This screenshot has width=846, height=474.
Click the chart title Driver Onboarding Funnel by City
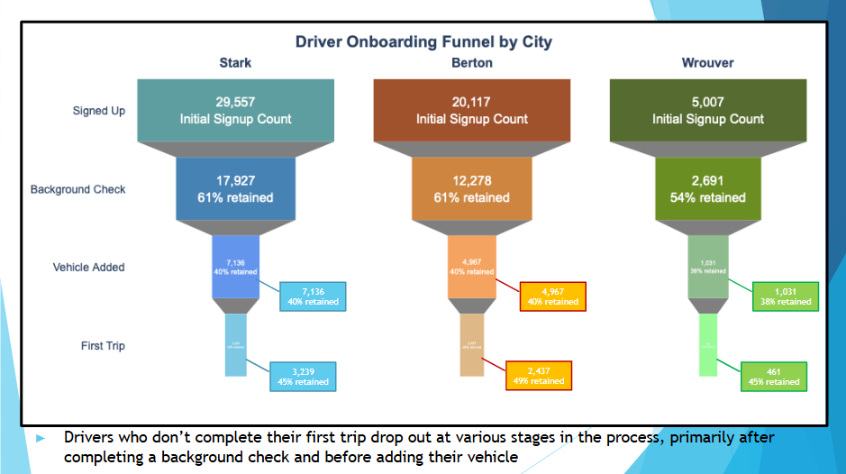point(423,42)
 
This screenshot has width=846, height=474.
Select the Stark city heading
point(235,63)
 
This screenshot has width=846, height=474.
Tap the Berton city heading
point(472,63)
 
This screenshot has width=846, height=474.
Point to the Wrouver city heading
point(707,63)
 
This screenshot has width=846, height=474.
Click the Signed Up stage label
point(99,112)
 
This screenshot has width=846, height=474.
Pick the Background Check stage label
point(78,189)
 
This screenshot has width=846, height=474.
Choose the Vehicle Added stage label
point(89,268)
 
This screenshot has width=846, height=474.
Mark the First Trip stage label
point(103,345)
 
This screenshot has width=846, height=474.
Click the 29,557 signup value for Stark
point(235,103)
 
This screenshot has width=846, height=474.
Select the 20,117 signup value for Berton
point(472,103)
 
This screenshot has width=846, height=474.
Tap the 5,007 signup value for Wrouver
point(707,103)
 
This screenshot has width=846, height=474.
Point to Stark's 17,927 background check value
point(235,181)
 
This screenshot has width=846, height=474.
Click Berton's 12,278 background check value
point(472,181)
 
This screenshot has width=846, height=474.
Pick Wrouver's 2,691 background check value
point(707,181)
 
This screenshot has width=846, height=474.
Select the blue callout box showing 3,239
point(303,376)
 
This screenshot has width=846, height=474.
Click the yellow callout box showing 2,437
point(541,375)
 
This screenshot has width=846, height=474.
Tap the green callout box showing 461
point(773,376)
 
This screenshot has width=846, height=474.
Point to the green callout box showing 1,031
point(786,296)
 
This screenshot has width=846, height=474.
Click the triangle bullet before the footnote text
point(40,438)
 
